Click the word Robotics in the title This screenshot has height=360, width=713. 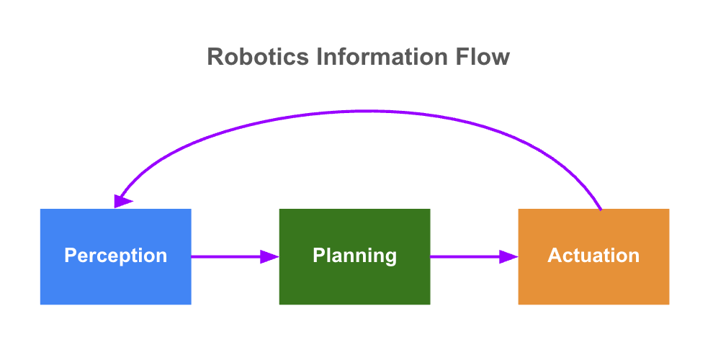tap(258, 57)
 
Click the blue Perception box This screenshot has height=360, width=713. tap(115, 256)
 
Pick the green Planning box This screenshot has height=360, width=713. tap(354, 256)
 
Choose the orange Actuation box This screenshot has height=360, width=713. tap(594, 256)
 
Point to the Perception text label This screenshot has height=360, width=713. tap(115, 256)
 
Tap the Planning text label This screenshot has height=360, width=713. tap(354, 256)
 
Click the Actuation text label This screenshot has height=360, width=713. tap(594, 256)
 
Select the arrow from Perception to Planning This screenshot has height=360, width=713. tap(235, 257)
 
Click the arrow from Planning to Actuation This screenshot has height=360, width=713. tap(475, 257)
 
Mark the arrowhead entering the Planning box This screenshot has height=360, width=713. tap(269, 257)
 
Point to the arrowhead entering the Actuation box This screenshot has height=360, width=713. tap(509, 257)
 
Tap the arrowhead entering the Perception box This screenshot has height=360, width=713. tap(122, 201)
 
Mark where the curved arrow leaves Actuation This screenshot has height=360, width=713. tap(601, 210)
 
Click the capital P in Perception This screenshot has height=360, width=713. tap(71, 256)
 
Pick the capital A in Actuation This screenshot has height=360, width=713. tap(555, 256)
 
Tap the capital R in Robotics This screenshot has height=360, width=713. tap(215, 57)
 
